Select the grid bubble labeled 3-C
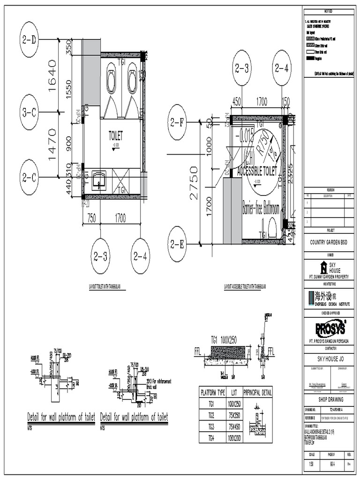click(29, 112)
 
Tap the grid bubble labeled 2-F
click(179, 123)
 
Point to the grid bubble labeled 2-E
click(179, 243)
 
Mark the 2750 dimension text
click(194, 183)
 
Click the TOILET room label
click(115, 136)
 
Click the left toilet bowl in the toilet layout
click(112, 81)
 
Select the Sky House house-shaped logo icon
click(323, 268)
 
